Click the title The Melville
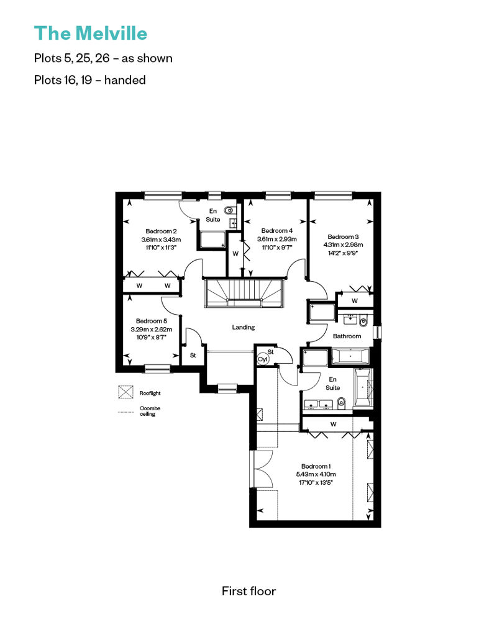[x=90, y=34]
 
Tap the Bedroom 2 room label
[x=162, y=232]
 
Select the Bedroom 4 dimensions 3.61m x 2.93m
[x=277, y=239]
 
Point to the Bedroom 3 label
[x=343, y=236]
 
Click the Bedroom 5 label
[x=152, y=321]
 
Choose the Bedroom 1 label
[x=316, y=466]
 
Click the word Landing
[x=244, y=327]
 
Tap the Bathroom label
[x=347, y=336]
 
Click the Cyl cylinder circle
[x=262, y=359]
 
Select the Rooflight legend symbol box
[x=125, y=392]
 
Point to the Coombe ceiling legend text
[x=150, y=411]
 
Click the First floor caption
[x=248, y=591]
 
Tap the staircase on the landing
[x=244, y=293]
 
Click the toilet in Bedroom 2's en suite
[x=229, y=210]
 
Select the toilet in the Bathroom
[x=363, y=322]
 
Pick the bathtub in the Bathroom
[x=350, y=356]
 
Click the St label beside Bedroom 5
[x=193, y=355]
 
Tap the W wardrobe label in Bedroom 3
[x=355, y=300]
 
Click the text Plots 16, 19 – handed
[x=90, y=79]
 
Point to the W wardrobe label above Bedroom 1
[x=333, y=424]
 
